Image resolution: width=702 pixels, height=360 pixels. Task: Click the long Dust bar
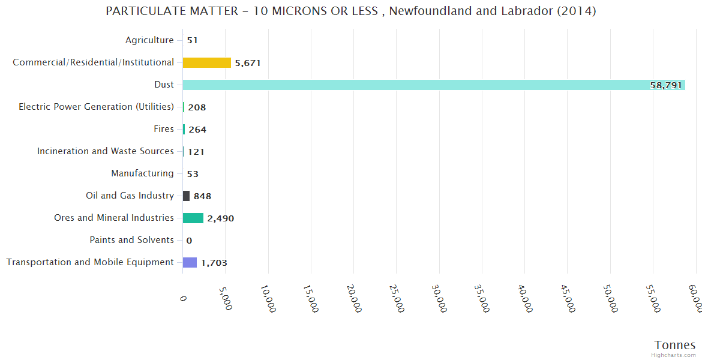pos(432,85)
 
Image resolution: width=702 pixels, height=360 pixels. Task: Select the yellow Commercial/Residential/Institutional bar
pos(206,62)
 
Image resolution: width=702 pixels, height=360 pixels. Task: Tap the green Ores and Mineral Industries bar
pos(193,218)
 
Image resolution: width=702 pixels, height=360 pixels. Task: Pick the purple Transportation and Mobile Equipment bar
pos(190,262)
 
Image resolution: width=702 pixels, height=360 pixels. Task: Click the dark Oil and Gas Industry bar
pos(186,196)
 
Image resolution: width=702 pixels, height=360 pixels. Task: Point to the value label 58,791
pos(666,85)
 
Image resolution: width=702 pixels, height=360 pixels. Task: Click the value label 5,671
pos(248,63)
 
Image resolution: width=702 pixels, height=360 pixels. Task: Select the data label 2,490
pos(220,218)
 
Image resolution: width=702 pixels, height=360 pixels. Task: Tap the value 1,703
pos(214,263)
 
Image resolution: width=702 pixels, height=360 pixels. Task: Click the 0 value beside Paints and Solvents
pos(189,241)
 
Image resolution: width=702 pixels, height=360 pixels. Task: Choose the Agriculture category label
pos(149,40)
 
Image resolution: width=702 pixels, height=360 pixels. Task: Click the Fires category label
pos(164,129)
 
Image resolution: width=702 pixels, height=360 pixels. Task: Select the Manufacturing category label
pos(142,173)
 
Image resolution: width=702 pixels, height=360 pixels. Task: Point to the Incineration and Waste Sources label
pos(106,151)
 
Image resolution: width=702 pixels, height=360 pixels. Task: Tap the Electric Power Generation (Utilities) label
pos(96,107)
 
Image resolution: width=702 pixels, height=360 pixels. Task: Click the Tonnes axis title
pos(675,345)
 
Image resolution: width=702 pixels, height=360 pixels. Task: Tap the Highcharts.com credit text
pos(674,355)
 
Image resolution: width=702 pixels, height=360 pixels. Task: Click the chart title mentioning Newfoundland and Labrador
pos(350,11)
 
